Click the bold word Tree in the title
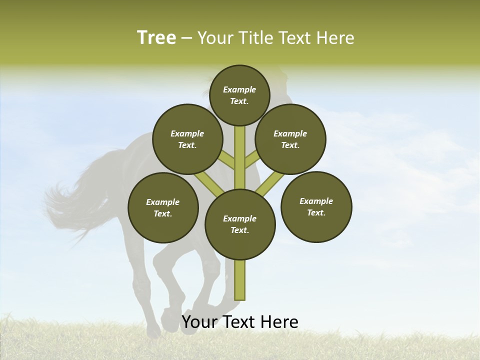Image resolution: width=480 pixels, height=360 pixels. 156,38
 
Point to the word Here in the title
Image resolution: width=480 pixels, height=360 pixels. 335,38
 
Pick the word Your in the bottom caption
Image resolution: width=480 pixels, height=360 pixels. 199,322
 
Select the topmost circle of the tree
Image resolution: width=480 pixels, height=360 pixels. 239,95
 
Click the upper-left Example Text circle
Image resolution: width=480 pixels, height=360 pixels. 187,139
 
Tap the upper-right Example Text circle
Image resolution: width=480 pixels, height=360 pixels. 290,139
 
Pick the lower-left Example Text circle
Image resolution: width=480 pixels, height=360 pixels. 163,207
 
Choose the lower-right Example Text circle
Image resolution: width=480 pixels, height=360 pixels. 316,206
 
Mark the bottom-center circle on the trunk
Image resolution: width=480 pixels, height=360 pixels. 240,224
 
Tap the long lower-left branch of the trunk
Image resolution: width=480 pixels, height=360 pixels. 209,182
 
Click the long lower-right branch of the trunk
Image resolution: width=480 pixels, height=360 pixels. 270,183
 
